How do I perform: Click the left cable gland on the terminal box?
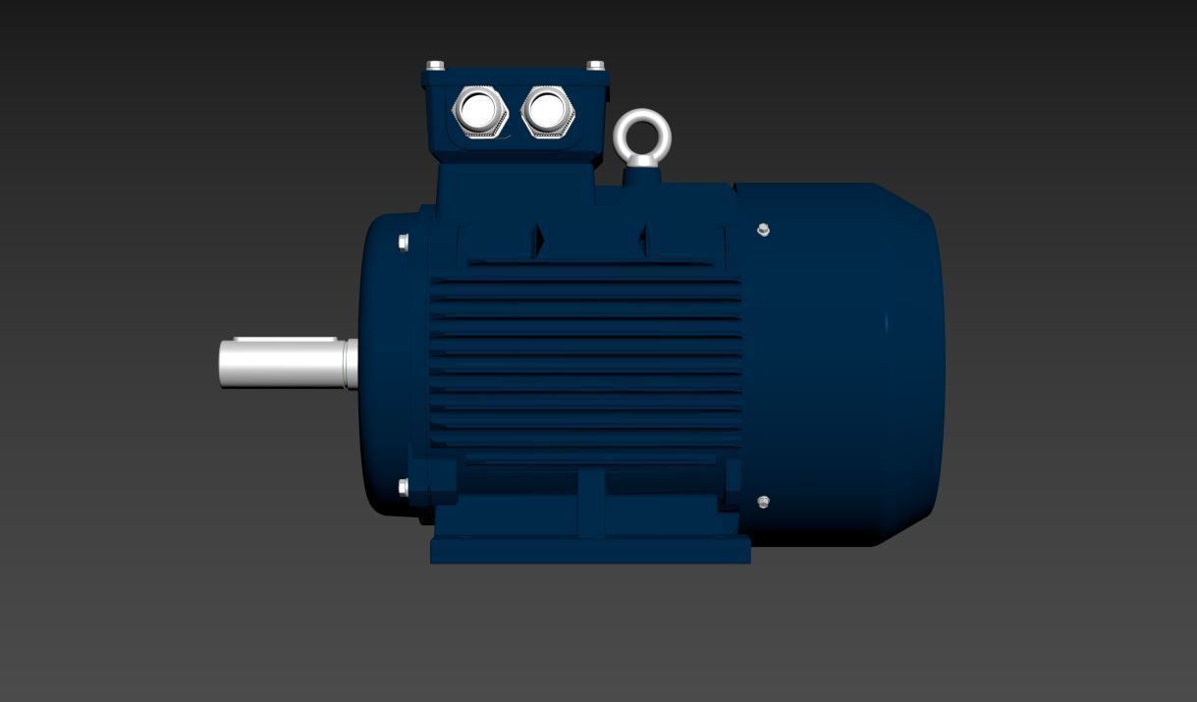pyautogui.click(x=479, y=111)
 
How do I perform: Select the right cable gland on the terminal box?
pyautogui.click(x=548, y=110)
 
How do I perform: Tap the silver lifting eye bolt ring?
pyautogui.click(x=642, y=135)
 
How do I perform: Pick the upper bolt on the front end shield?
pyautogui.click(x=404, y=243)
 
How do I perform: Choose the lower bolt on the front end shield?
pyautogui.click(x=404, y=487)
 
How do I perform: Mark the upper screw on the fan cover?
pyautogui.click(x=764, y=230)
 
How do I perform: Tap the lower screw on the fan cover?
pyautogui.click(x=764, y=502)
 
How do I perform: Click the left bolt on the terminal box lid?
pyautogui.click(x=435, y=66)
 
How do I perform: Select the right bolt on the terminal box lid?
pyautogui.click(x=595, y=66)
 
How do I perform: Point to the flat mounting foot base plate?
pyautogui.click(x=590, y=550)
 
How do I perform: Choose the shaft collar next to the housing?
pyautogui.click(x=351, y=363)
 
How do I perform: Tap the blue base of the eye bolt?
pyautogui.click(x=642, y=176)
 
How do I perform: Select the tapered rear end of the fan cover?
pyautogui.click(x=908, y=363)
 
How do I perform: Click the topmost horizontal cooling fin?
pyautogui.click(x=585, y=284)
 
